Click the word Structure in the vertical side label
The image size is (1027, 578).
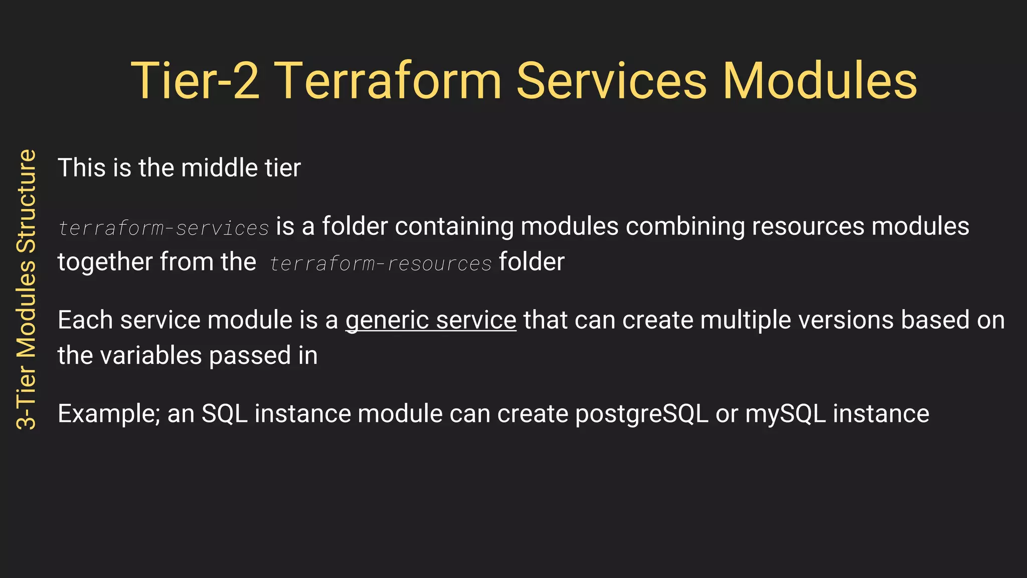(27, 201)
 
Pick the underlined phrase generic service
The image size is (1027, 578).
(431, 320)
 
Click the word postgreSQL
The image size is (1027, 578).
(641, 414)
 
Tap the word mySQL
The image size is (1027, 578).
(785, 414)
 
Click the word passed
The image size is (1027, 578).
(250, 356)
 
